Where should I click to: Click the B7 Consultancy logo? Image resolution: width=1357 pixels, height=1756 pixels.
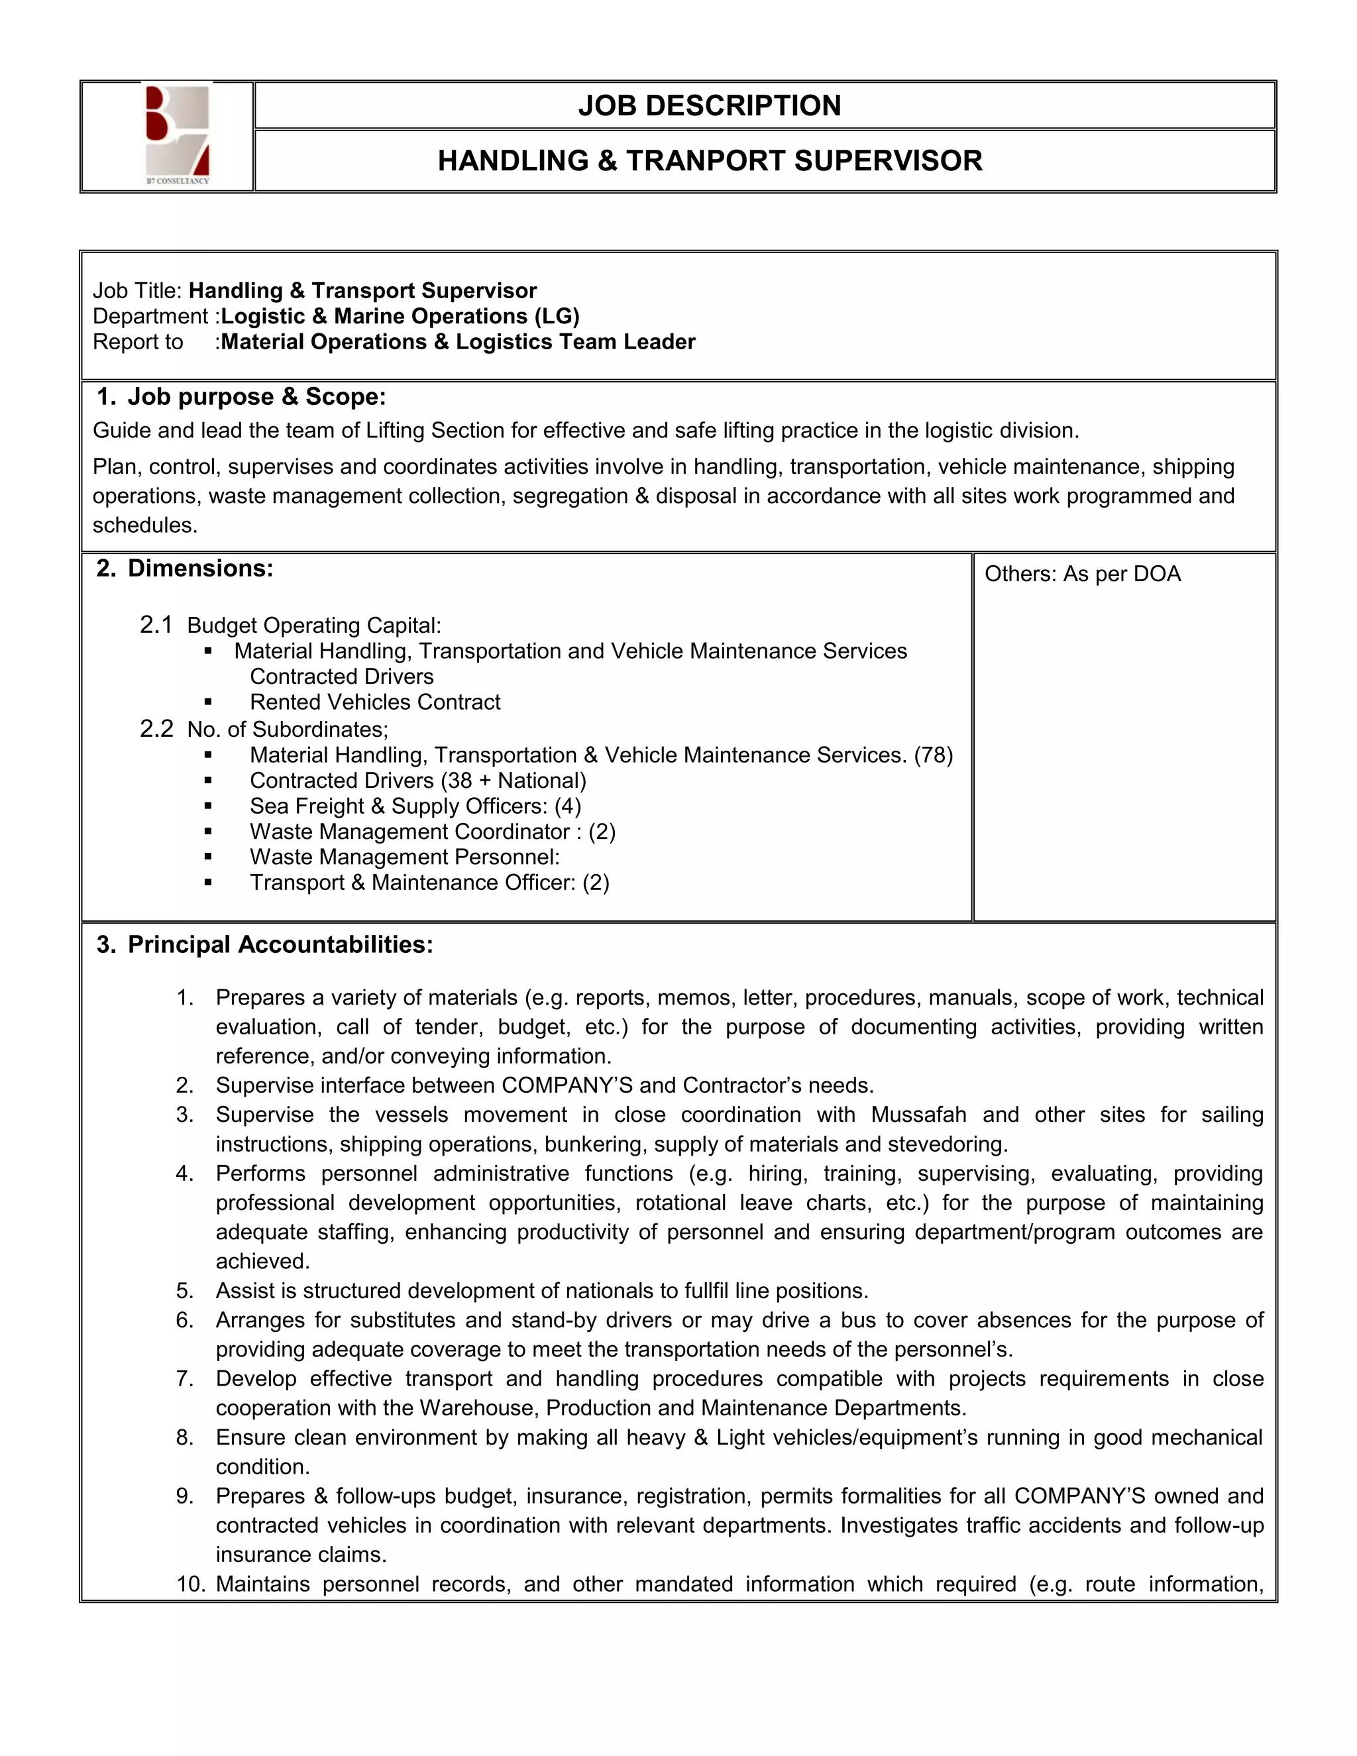tap(178, 135)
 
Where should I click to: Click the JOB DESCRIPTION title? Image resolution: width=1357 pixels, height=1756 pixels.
tap(709, 105)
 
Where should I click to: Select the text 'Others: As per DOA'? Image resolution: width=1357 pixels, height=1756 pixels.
tap(1082, 574)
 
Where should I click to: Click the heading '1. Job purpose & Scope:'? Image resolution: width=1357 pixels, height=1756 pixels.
tap(241, 397)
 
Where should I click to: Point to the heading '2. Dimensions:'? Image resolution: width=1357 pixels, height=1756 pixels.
tap(185, 569)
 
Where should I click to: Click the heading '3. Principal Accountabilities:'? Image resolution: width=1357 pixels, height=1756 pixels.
tap(264, 944)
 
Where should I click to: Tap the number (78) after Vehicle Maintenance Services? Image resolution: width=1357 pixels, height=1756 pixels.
tap(934, 755)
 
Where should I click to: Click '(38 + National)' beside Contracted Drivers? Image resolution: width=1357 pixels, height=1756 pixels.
tap(514, 781)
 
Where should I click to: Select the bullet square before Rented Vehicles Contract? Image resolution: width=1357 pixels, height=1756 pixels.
tap(208, 702)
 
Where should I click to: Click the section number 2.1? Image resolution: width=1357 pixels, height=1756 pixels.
tap(156, 625)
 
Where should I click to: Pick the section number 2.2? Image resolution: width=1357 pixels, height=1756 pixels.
tap(156, 728)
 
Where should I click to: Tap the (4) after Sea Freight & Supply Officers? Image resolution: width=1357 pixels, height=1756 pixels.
tap(568, 806)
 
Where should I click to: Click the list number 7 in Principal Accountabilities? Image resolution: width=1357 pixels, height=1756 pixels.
tap(184, 1379)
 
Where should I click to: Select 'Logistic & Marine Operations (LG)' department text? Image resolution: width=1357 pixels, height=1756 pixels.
tap(400, 317)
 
